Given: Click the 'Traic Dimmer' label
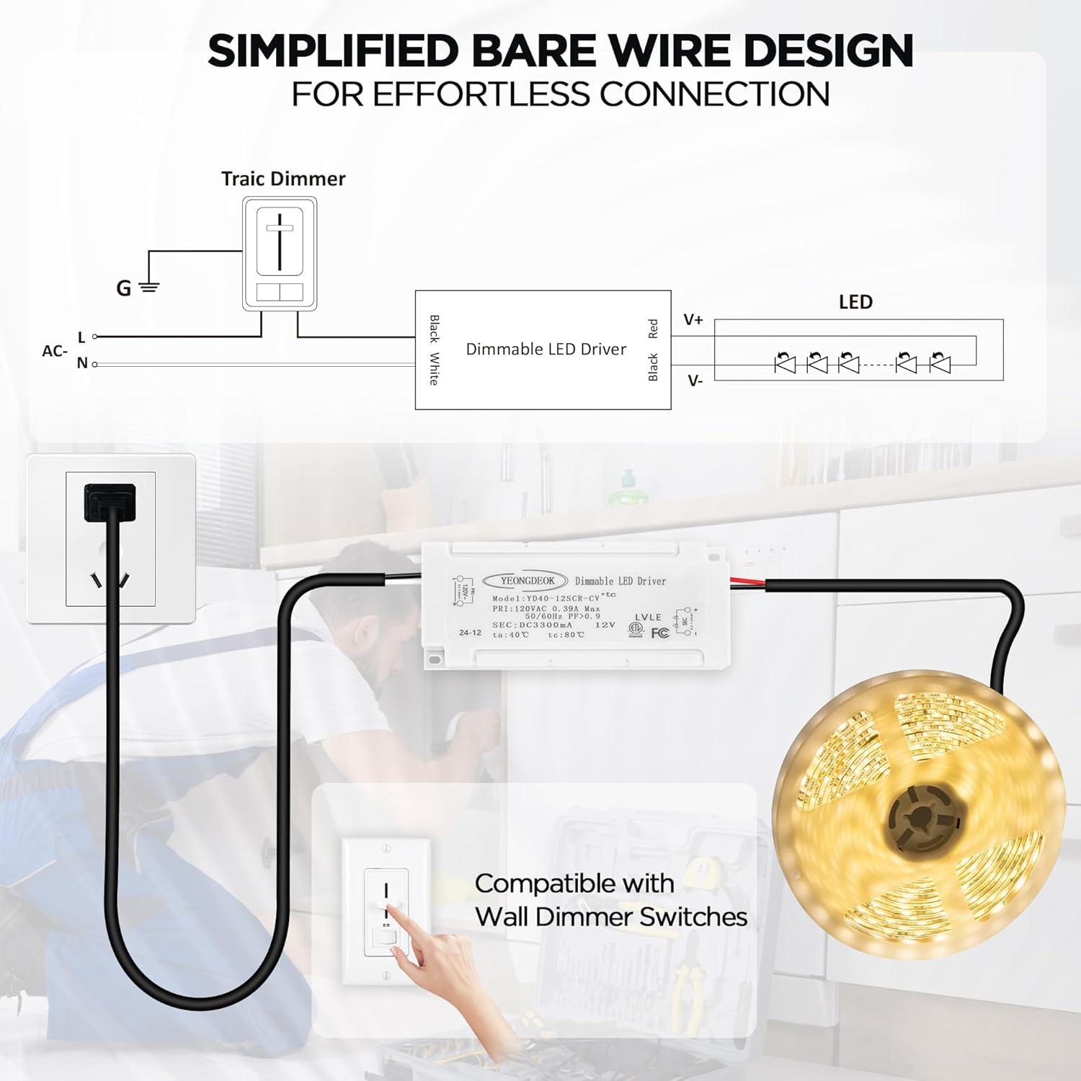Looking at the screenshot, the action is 283,179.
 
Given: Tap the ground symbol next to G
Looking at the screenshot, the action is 148,288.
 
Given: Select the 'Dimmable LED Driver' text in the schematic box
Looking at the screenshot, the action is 546,350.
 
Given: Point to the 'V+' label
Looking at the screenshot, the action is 693,319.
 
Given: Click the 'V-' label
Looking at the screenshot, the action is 695,381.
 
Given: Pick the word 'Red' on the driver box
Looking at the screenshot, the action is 653,329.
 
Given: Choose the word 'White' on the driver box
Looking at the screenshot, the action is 434,368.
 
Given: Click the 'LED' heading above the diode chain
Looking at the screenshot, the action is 855,302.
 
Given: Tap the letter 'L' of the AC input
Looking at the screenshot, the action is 81,337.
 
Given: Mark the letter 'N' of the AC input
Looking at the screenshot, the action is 82,363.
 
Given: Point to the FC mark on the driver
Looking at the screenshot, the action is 659,633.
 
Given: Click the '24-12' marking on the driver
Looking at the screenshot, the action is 470,633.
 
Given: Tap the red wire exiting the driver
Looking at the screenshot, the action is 749,582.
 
